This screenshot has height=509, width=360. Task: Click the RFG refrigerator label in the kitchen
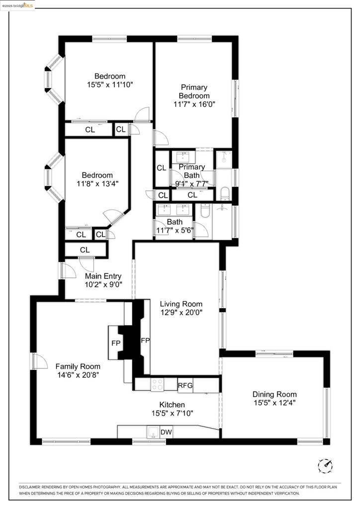(x=185, y=385)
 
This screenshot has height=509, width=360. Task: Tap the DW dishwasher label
(x=166, y=432)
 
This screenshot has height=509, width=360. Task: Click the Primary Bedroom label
(x=194, y=91)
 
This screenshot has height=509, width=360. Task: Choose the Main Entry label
(x=103, y=276)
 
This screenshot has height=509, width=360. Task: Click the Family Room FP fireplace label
(x=115, y=343)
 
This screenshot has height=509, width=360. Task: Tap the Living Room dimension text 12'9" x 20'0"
(x=181, y=312)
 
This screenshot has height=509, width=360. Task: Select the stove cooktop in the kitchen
(x=158, y=384)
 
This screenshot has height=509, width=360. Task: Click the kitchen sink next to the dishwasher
(x=153, y=431)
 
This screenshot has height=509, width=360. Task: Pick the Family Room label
(x=78, y=366)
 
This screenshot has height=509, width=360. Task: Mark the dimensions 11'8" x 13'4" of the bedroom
(x=97, y=183)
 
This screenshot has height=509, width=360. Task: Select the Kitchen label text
(x=172, y=405)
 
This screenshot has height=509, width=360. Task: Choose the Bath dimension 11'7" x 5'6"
(x=175, y=230)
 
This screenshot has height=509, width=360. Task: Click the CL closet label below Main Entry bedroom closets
(x=85, y=250)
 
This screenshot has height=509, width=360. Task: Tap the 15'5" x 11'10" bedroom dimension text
(x=110, y=85)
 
